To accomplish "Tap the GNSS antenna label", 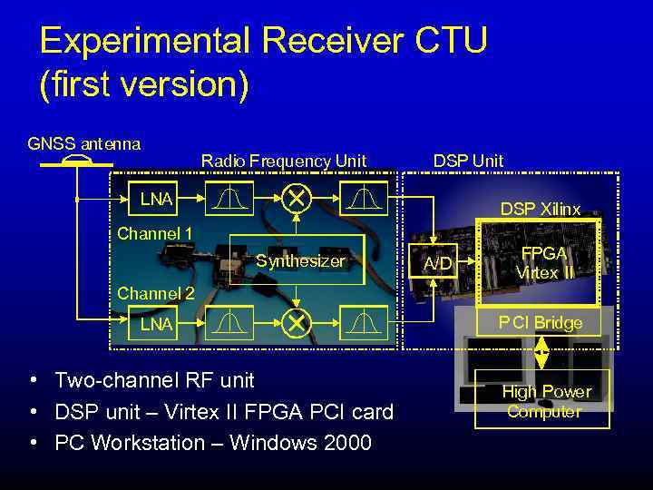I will (83, 143).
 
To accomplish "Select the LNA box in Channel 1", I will (155, 198).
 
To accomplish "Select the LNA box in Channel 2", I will (155, 324).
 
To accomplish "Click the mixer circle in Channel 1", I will (296, 197).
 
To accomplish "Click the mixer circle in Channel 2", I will (296, 323).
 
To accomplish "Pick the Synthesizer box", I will (300, 261).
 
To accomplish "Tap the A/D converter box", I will (438, 263).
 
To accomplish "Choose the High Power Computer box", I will (545, 401).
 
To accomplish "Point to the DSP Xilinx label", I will (540, 209).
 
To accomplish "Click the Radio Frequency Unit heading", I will (283, 162).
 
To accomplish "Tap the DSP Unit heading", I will (468, 161).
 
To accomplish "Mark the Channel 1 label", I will (155, 234).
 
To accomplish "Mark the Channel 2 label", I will (155, 293).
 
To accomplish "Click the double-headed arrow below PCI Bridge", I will (541, 352).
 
